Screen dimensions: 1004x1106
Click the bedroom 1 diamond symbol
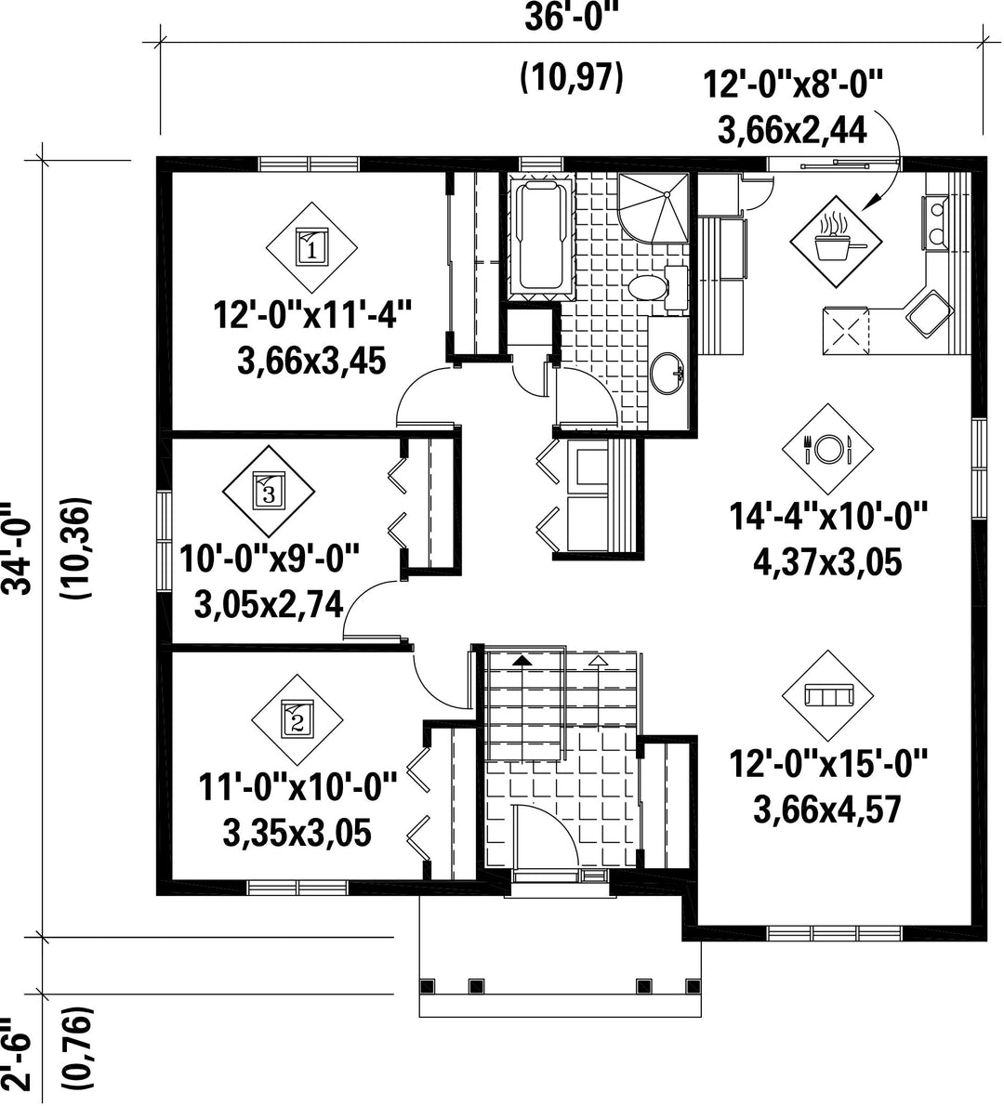pyautogui.click(x=311, y=248)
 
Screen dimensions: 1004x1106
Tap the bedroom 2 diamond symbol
pyautogui.click(x=297, y=721)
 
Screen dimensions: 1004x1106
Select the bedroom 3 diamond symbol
pyautogui.click(x=268, y=491)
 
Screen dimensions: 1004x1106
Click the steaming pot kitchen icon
pyautogui.click(x=836, y=242)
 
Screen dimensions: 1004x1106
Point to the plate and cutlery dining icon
pyautogui.click(x=827, y=449)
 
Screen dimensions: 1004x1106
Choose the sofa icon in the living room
pyautogui.click(x=828, y=695)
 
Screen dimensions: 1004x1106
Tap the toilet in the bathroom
pyautogui.click(x=656, y=288)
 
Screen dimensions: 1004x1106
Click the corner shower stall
pyautogui.click(x=653, y=207)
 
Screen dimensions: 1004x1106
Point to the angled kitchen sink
pyautogui.click(x=930, y=312)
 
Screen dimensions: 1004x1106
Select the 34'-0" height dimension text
pyautogui.click(x=18, y=548)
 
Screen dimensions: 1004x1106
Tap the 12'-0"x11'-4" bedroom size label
pyautogui.click(x=311, y=313)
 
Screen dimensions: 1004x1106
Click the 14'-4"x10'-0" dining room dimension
pyautogui.click(x=827, y=517)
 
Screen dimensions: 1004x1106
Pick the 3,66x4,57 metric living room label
pyautogui.click(x=827, y=809)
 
